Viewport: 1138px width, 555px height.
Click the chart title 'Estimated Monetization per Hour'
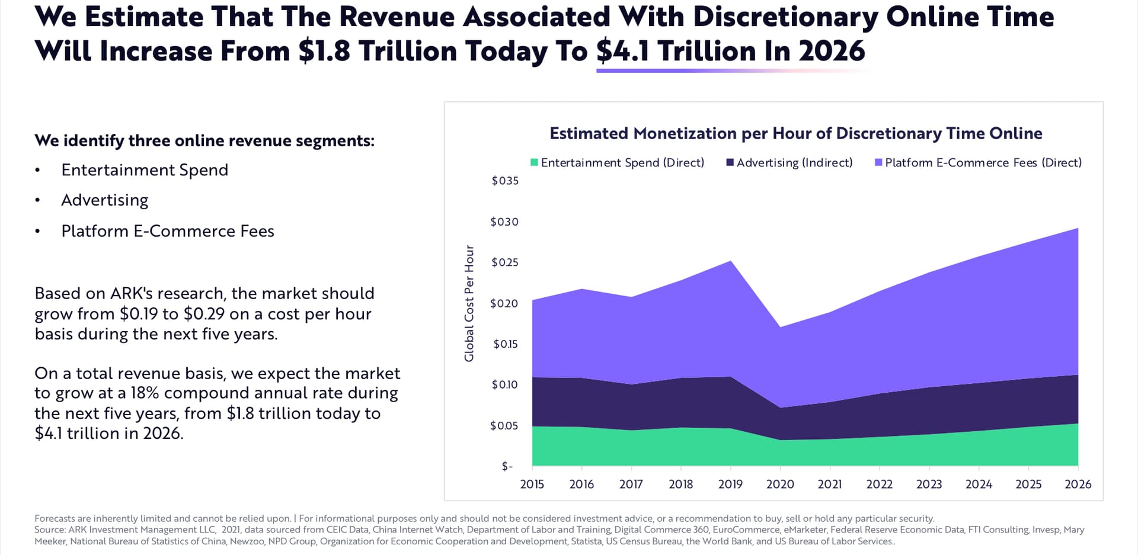tap(795, 133)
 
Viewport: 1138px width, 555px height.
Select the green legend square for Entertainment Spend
tap(534, 162)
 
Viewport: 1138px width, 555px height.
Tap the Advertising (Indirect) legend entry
tap(789, 162)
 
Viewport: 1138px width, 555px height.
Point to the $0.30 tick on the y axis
tap(504, 222)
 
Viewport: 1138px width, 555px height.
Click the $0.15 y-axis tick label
tap(505, 344)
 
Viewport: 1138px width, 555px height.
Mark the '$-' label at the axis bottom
tap(507, 466)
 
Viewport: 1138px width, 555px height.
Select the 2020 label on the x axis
tap(780, 484)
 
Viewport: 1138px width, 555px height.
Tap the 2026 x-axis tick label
tap(1078, 484)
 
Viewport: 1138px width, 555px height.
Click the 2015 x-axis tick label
tap(532, 484)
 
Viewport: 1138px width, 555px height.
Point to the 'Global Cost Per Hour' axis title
tap(469, 303)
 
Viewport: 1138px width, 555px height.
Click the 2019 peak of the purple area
tap(731, 261)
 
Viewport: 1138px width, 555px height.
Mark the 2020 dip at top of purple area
tap(781, 327)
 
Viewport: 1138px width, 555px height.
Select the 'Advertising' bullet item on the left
tap(105, 200)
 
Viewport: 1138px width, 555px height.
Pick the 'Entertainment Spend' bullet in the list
tap(145, 170)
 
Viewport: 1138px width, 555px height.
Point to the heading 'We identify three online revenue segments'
tap(204, 140)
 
